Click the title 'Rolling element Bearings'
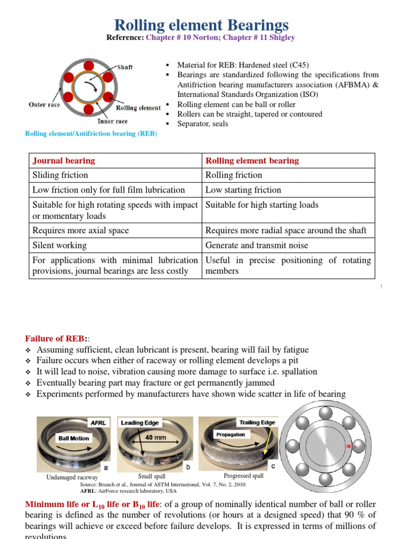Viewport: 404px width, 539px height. tap(201, 25)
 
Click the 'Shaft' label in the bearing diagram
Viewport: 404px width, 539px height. tap(125, 67)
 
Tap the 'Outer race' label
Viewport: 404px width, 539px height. tap(44, 104)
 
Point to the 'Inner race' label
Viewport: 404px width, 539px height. tap(113, 121)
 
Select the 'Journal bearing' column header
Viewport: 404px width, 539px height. tap(64, 161)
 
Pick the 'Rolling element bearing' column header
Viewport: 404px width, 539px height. tap(252, 161)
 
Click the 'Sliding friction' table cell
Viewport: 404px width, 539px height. tap(60, 175)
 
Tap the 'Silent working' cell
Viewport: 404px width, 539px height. tap(59, 245)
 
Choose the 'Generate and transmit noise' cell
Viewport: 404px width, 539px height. tap(257, 245)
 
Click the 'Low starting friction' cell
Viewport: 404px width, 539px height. tap(243, 189)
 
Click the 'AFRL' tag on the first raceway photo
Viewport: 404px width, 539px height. tap(99, 423)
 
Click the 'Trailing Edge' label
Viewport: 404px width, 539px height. tap(257, 423)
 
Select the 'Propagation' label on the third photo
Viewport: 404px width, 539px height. tap(230, 435)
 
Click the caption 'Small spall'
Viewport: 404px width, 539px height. tap(151, 476)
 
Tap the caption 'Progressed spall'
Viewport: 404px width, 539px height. tap(244, 476)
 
